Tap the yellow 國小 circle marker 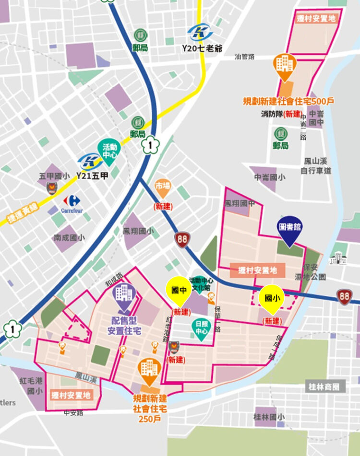coord(272,298)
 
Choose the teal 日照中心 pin coord(201,328)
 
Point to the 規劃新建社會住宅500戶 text coord(288,101)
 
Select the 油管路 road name coord(245,57)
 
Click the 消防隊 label coord(272,114)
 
